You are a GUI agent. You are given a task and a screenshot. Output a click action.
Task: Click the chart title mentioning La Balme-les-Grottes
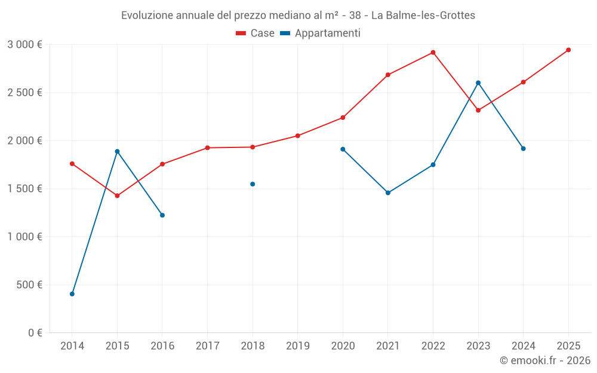tap(298, 15)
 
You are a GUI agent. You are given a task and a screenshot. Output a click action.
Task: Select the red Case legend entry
tap(255, 33)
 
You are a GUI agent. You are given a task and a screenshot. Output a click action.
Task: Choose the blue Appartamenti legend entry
tap(321, 33)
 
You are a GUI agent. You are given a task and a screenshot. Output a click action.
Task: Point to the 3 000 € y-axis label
tap(24, 45)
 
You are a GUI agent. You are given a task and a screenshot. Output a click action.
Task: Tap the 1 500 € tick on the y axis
tap(24, 189)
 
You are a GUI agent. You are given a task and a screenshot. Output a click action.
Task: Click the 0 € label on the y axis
tap(35, 332)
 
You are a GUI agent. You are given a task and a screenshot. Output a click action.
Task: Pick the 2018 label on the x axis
tap(253, 346)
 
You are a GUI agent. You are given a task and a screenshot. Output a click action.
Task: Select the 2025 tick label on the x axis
tap(568, 346)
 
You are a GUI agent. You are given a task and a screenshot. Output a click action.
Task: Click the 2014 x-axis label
tap(72, 346)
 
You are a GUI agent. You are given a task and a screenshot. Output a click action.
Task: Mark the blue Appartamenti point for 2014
tap(72, 294)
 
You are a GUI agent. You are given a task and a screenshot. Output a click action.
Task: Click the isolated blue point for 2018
tap(253, 184)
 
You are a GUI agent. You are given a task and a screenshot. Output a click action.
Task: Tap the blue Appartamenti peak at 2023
tap(478, 83)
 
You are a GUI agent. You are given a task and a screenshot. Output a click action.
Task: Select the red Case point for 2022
tap(433, 53)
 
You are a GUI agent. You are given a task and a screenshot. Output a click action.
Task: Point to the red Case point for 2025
tap(568, 50)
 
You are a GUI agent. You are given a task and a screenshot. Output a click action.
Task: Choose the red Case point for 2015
tap(117, 196)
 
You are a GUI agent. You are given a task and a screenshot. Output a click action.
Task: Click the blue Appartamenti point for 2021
tap(388, 193)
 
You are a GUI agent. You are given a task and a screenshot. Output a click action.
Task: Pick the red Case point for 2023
tap(478, 110)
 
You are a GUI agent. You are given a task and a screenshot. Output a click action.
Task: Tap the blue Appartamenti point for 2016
tap(162, 215)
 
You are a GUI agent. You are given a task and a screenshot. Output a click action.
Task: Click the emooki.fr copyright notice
tap(544, 360)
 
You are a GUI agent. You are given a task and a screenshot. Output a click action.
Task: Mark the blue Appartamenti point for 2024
tap(523, 149)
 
